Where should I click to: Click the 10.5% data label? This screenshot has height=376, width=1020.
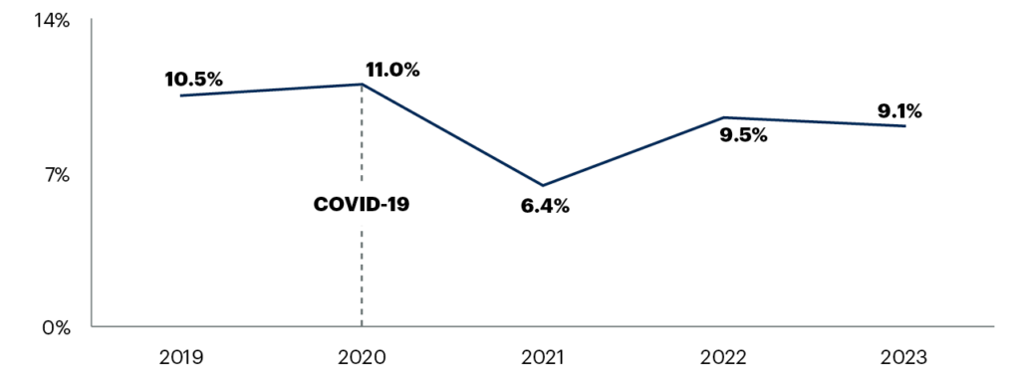(x=195, y=79)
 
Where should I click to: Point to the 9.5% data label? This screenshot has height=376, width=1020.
(x=743, y=135)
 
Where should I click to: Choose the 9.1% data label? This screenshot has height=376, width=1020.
(x=899, y=111)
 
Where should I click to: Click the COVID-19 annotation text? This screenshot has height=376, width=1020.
(x=362, y=205)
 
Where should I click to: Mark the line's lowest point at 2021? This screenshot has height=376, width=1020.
(x=543, y=186)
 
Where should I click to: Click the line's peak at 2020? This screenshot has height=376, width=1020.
(x=362, y=85)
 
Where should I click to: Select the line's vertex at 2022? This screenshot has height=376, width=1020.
(x=724, y=117)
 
